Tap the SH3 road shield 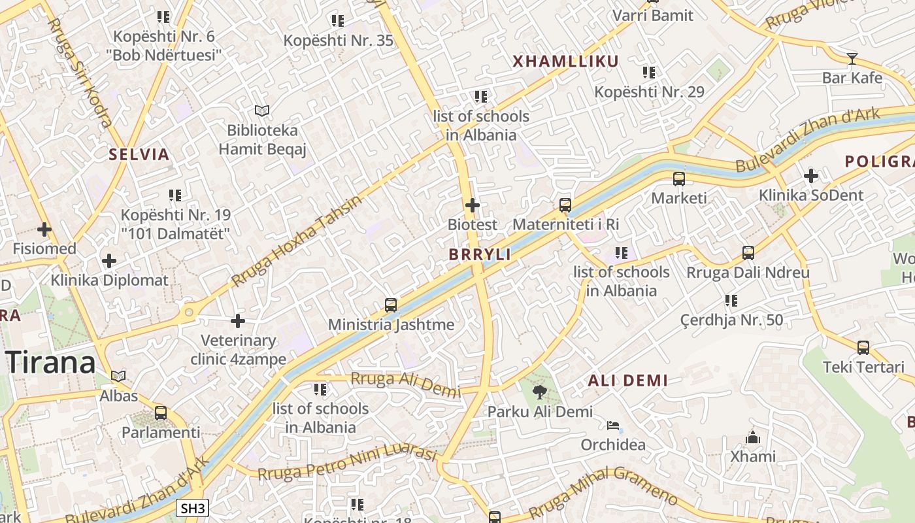193,509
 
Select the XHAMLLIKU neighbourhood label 565,61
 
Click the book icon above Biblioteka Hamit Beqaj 262,110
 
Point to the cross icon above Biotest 472,205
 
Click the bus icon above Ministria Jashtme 391,305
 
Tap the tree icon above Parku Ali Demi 540,392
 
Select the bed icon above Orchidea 613,426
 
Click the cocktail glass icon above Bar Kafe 852,59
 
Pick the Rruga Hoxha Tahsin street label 297,241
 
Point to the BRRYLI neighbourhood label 480,255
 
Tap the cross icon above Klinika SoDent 810,176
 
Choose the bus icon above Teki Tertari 863,348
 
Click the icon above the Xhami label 753,437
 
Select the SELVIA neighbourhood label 139,155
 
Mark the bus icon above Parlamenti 161,413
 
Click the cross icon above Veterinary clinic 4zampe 238,321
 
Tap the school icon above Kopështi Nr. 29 649,72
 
